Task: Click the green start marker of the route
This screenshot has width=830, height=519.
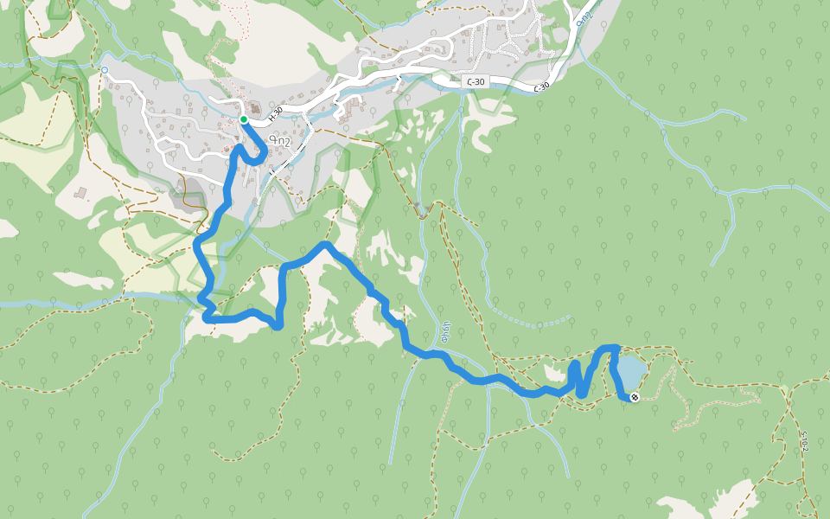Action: point(244,119)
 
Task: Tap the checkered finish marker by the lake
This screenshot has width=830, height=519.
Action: point(635,397)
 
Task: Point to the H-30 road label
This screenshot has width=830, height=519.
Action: point(275,112)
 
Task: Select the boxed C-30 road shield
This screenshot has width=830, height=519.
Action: point(475,82)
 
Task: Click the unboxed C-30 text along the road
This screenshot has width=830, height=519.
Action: point(541,86)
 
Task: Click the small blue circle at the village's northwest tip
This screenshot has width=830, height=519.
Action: point(105,70)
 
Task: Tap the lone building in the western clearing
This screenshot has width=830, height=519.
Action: point(81,192)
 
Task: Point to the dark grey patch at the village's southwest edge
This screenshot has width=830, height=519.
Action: point(184,198)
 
